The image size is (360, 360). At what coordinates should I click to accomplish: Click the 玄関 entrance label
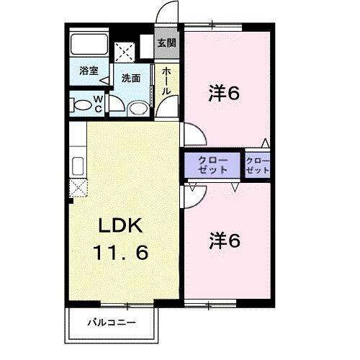166,42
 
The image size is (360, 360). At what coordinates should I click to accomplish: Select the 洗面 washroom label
130,78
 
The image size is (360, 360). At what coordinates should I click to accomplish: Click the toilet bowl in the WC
82,105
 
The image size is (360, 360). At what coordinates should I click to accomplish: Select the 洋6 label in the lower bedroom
225,240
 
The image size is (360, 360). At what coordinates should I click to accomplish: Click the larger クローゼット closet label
212,165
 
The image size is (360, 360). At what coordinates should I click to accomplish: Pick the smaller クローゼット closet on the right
257,165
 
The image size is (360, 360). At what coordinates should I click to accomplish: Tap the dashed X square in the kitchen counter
78,187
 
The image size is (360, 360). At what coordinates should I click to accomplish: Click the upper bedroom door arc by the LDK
193,134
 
